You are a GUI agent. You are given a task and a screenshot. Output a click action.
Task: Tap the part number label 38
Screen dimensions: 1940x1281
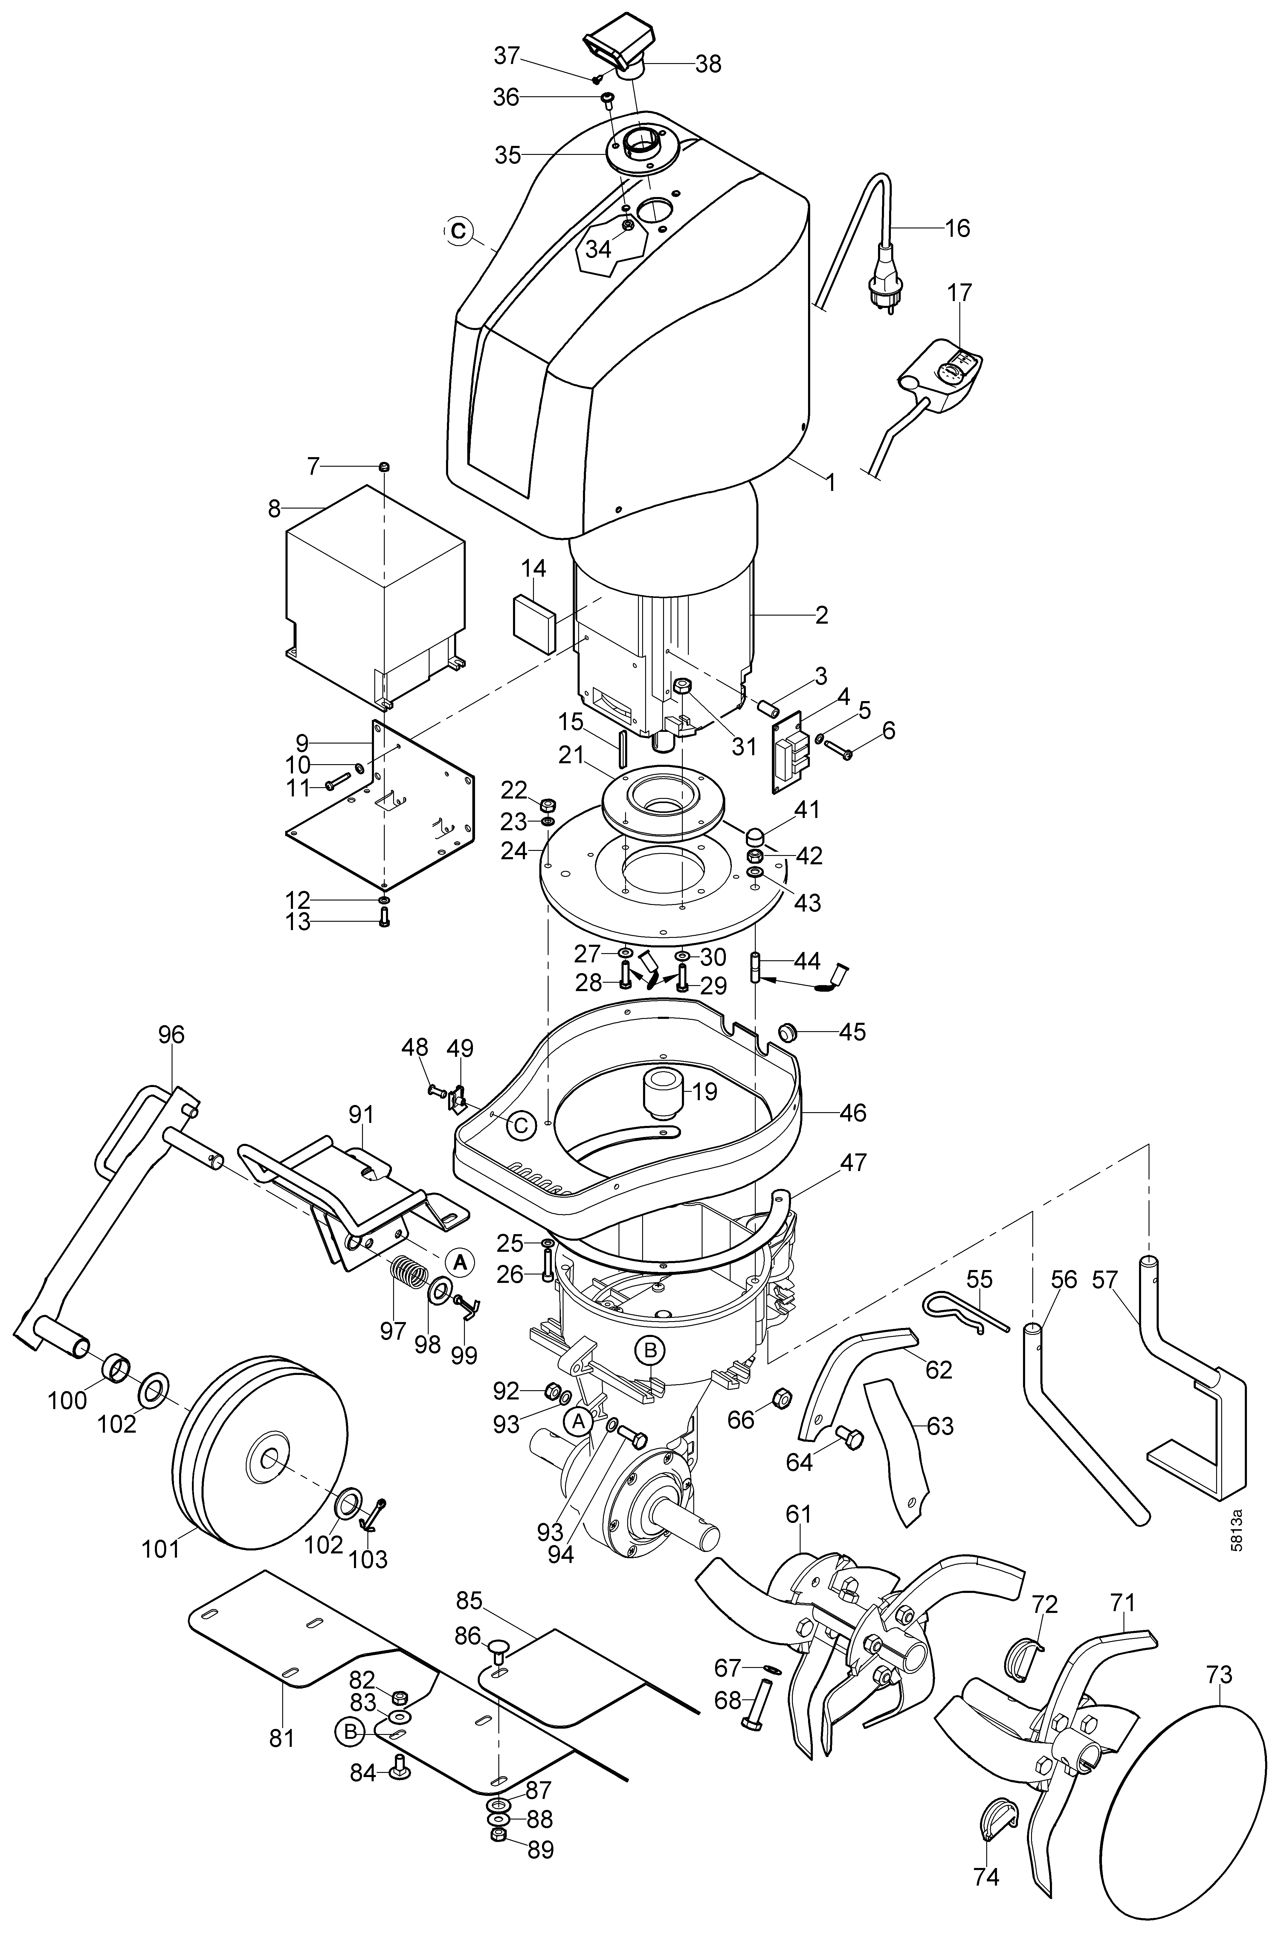click(708, 64)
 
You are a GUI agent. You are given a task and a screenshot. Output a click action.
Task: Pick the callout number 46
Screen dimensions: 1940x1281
click(853, 1112)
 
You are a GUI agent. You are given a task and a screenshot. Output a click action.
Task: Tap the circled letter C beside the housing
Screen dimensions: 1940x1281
click(458, 231)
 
